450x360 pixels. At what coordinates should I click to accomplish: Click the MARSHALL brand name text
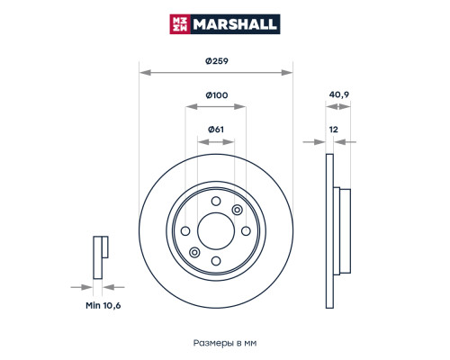coord(235,24)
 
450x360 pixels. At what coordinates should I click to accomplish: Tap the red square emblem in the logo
coord(180,24)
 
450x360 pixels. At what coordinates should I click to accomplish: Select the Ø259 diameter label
coord(217,61)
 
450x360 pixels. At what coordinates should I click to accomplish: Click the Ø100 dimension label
coord(217,95)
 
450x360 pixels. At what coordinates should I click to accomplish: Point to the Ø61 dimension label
coord(216,130)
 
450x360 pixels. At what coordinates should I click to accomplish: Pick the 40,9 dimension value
coord(339,94)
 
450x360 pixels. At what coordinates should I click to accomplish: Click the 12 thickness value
coord(333,130)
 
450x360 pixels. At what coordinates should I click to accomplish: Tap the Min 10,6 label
coord(103,305)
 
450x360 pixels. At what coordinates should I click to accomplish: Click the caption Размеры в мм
coord(225,343)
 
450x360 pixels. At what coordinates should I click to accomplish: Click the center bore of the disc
coord(216,231)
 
